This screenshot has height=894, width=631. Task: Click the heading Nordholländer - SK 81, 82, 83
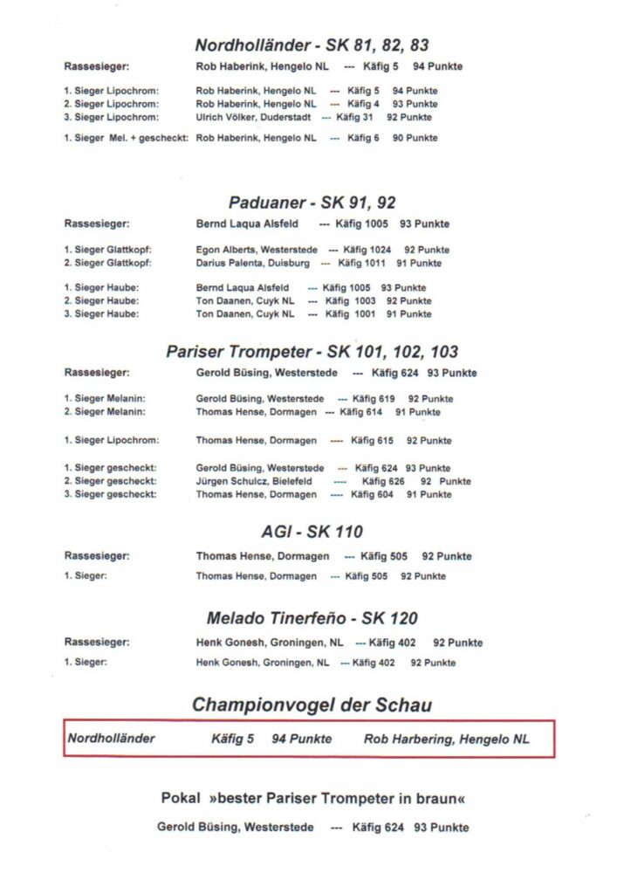(x=312, y=45)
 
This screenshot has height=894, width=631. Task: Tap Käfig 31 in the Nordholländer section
(x=355, y=116)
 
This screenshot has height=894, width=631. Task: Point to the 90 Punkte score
(x=415, y=138)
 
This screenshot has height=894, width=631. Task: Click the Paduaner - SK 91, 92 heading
(x=312, y=203)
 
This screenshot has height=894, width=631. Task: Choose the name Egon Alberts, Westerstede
(x=257, y=250)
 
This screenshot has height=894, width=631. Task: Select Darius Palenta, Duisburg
(x=252, y=263)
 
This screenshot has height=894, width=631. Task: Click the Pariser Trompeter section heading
(x=312, y=352)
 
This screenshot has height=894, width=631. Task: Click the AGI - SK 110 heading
(x=312, y=532)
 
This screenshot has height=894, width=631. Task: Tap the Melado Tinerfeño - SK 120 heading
(x=312, y=618)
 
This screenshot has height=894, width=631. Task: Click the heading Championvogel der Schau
(x=312, y=705)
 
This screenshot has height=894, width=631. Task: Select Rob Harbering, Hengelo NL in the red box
(x=446, y=739)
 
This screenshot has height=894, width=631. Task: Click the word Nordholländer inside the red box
(x=111, y=739)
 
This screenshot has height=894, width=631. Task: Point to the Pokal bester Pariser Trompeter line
(x=312, y=799)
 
